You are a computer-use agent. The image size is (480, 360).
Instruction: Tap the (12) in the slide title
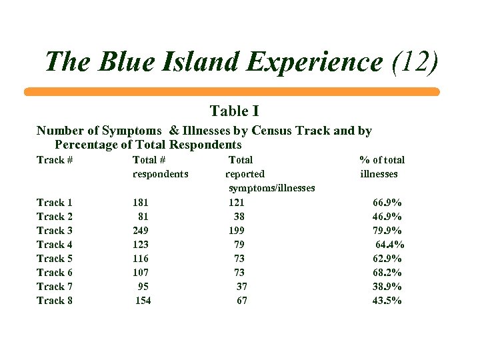click(415, 63)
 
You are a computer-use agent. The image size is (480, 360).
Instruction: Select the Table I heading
click(234, 111)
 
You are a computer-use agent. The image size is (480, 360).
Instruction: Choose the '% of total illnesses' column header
click(381, 167)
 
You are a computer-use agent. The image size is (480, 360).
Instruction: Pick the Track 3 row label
click(55, 231)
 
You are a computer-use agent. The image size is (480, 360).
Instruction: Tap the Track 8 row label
click(55, 301)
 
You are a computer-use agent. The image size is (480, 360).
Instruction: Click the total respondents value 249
click(141, 231)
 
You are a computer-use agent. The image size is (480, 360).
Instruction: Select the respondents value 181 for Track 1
click(141, 203)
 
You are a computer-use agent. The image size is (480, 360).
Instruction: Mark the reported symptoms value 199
click(237, 231)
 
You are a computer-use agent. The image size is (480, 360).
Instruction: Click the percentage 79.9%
click(387, 231)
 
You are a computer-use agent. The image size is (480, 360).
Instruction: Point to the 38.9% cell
click(387, 287)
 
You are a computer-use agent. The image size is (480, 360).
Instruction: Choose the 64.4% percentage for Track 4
click(390, 245)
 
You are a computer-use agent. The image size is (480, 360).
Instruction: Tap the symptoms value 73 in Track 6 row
click(239, 273)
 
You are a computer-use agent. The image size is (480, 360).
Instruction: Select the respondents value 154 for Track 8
click(143, 301)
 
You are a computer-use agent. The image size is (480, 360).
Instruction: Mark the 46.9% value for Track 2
click(387, 217)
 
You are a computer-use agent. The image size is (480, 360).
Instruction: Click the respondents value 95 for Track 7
click(143, 287)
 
